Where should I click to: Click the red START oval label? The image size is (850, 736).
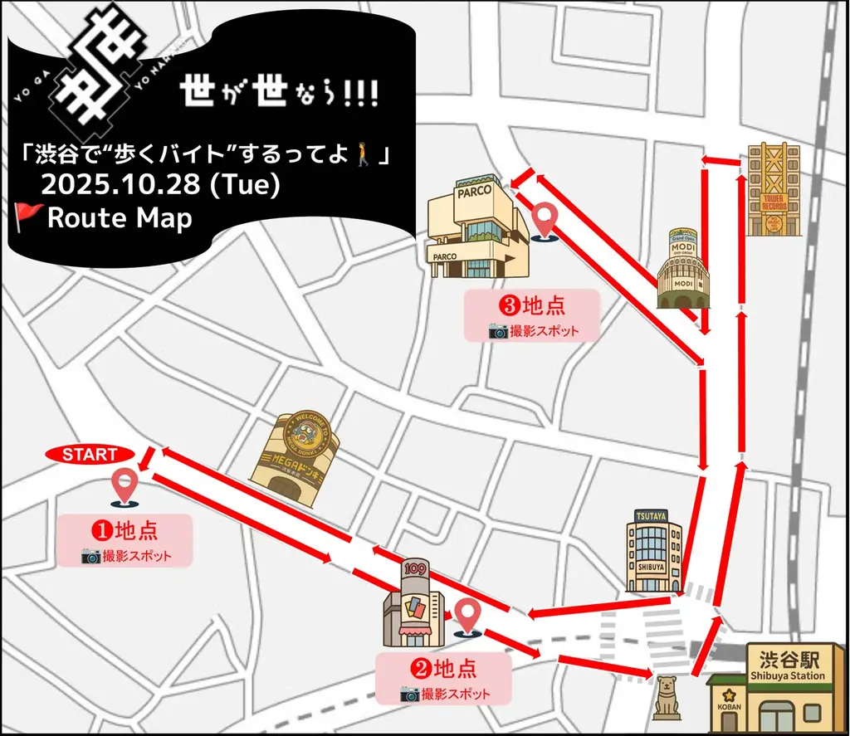[89, 455]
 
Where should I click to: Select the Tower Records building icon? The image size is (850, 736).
[773, 189]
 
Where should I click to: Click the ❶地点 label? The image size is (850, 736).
[125, 529]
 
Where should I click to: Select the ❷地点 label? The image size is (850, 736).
[443, 666]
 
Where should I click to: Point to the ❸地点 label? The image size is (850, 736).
[531, 305]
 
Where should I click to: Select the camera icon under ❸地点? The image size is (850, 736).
[498, 331]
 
